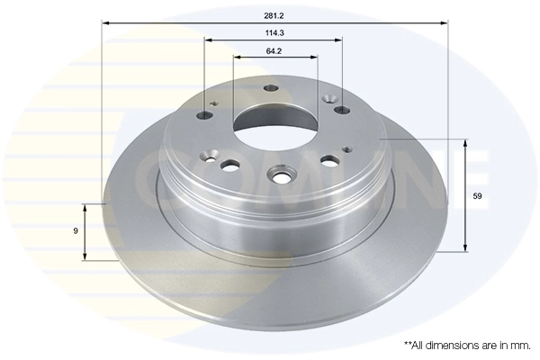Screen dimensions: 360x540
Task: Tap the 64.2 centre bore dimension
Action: click(x=275, y=50)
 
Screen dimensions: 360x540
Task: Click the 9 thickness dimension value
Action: click(x=76, y=231)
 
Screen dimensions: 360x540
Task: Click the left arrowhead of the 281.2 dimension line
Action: click(x=104, y=23)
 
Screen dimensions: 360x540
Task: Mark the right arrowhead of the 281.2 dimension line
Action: click(x=445, y=23)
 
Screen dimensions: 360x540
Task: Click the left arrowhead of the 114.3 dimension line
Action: click(x=207, y=40)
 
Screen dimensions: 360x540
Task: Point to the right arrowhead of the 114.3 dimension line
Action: click(x=339, y=40)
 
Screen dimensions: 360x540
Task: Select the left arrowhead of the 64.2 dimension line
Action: click(x=237, y=58)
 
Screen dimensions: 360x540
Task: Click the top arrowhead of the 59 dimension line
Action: click(x=464, y=142)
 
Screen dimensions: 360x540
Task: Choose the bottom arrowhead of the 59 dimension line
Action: click(x=464, y=247)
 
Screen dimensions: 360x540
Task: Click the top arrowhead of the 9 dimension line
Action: click(x=85, y=206)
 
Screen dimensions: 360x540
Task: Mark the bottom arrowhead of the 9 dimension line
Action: click(x=85, y=257)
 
